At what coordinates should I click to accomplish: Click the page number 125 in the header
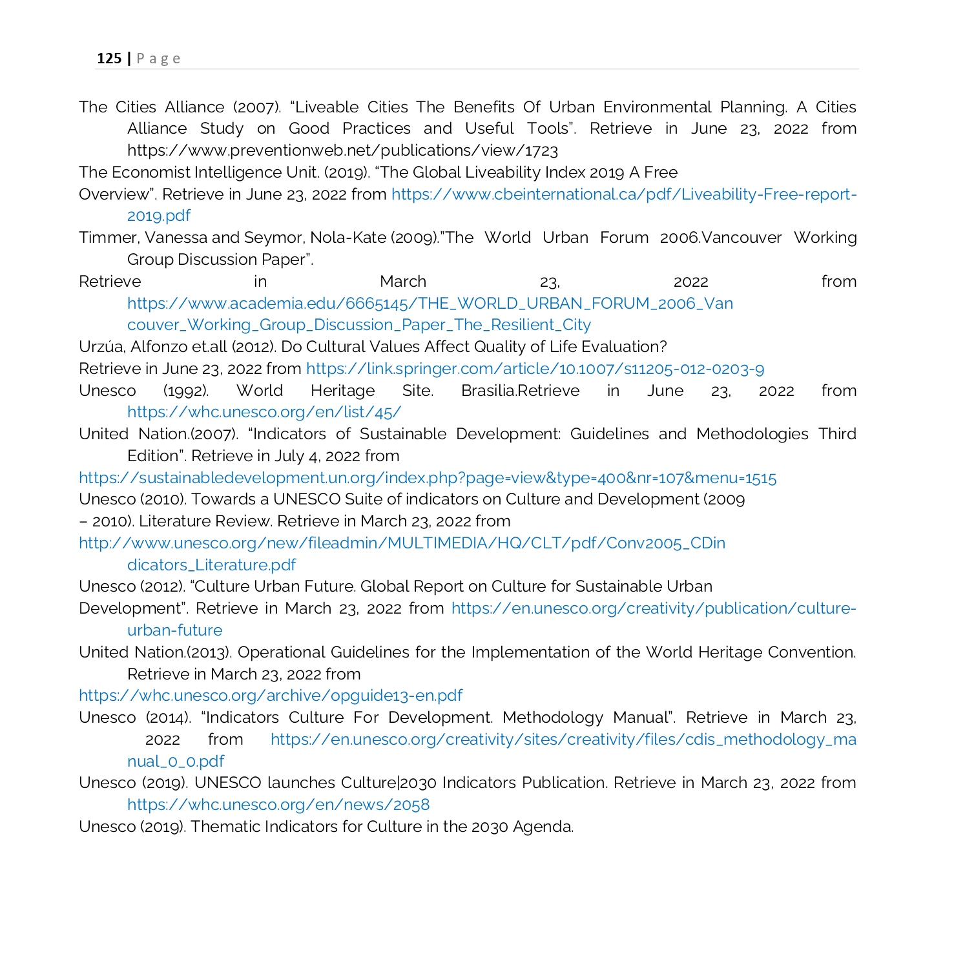(x=109, y=59)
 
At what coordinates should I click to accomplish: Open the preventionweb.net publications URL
(x=342, y=151)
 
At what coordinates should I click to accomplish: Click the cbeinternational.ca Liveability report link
(x=623, y=194)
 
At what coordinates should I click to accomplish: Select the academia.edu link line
(x=430, y=304)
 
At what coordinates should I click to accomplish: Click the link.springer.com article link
(x=535, y=369)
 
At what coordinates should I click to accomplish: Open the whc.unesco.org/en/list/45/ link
(x=264, y=413)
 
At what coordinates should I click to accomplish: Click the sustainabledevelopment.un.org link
(x=427, y=479)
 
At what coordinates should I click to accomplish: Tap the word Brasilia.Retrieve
(x=520, y=391)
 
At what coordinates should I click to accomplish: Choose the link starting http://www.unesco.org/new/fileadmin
(x=402, y=544)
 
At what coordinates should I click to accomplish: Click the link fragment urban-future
(x=174, y=631)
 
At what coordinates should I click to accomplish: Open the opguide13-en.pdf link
(x=270, y=696)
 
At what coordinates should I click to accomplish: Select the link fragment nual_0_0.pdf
(x=176, y=762)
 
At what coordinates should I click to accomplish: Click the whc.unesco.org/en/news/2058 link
(x=278, y=805)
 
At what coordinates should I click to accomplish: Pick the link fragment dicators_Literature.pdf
(x=211, y=566)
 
